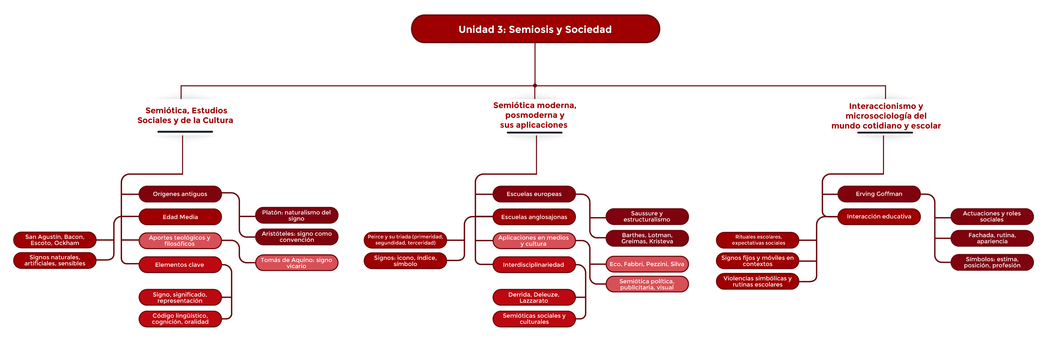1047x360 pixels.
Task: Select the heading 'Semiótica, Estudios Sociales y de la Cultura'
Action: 185,115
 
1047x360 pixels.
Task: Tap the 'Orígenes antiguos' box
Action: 180,194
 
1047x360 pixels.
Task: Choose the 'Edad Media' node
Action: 180,217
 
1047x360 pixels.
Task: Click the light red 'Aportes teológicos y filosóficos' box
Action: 180,240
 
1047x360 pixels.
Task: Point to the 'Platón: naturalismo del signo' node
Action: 297,215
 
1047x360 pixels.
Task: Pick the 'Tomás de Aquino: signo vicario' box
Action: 297,263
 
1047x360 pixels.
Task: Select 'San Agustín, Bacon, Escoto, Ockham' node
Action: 55,240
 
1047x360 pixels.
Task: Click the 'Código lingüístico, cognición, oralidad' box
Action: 180,318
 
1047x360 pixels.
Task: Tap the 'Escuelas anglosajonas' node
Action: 534,217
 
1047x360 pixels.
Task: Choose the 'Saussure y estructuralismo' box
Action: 647,216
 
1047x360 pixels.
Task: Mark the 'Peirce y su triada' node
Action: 405,240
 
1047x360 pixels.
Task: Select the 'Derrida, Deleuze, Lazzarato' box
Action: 534,297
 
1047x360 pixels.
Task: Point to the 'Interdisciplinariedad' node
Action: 534,264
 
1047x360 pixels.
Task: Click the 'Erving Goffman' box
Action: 879,194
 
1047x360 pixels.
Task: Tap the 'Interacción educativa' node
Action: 879,217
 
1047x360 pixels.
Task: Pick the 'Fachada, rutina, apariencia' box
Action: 992,238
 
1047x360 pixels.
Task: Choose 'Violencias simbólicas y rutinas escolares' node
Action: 758,281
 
